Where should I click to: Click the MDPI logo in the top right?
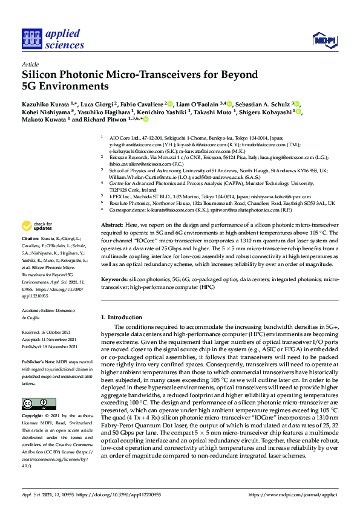(324, 40)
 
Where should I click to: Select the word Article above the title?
(30, 64)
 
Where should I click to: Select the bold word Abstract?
(113, 224)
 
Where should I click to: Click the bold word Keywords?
(115, 280)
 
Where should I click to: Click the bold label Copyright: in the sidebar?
(33, 417)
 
